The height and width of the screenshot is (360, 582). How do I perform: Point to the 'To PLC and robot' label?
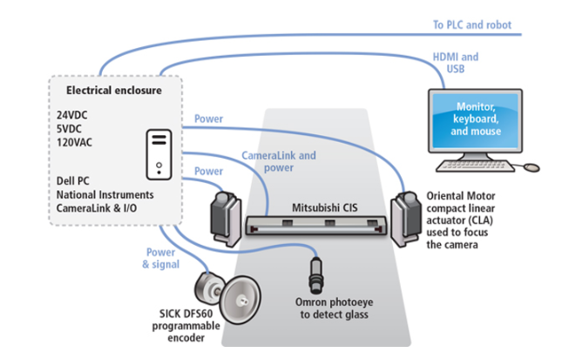pos(472,24)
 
